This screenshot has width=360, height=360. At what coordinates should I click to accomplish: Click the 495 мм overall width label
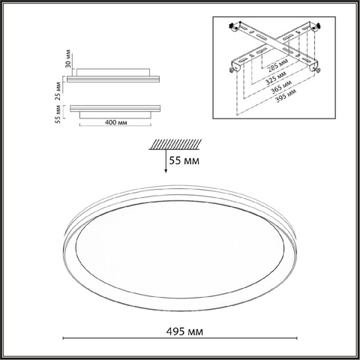point(184,331)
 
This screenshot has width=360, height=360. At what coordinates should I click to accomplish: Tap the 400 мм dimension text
point(115,122)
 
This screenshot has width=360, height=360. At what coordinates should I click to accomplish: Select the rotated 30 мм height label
point(68,58)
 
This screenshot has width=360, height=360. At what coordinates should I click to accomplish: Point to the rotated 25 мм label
point(58,91)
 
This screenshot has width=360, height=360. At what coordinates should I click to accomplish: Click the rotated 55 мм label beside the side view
point(58,114)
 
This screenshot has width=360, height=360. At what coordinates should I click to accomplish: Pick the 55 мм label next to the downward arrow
point(184,160)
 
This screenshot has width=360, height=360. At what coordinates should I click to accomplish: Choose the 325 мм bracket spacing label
point(276,77)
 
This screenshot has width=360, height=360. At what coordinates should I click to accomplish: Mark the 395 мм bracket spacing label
point(286,96)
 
